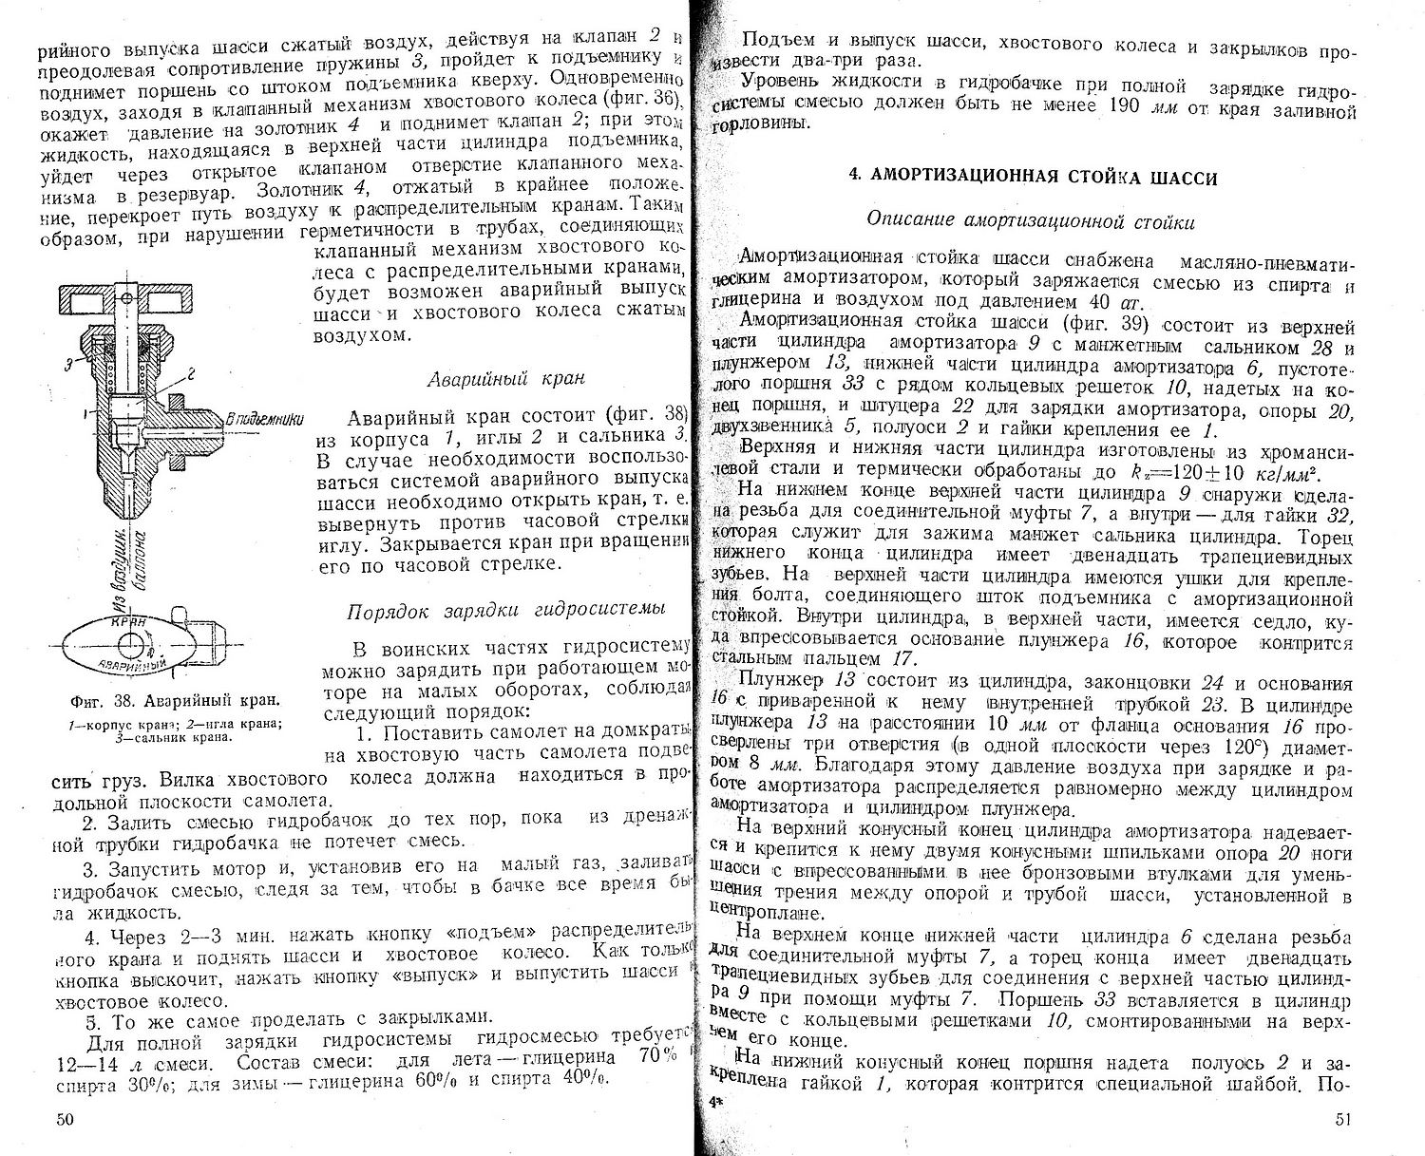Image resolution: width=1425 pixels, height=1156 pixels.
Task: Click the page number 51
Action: [1341, 1119]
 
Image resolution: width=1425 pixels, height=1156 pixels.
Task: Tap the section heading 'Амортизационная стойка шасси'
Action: [1033, 177]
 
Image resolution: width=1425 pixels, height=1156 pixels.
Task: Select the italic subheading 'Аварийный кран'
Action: [504, 378]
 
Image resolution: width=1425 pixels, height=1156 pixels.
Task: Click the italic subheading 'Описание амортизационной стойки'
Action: [1031, 221]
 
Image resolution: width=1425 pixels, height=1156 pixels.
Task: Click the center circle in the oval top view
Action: [142, 644]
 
